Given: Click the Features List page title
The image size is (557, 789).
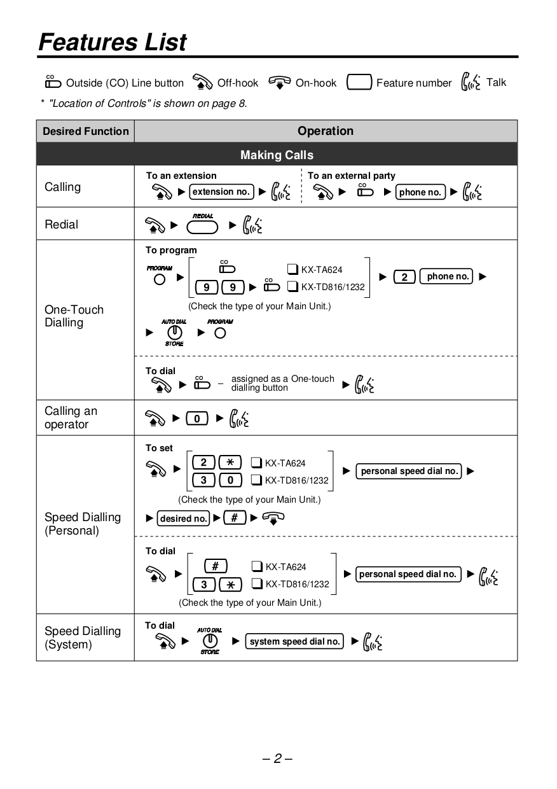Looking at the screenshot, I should pos(113,42).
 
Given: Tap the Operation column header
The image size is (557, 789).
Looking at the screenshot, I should pos(325,131).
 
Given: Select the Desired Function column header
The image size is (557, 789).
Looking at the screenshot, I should pos(86,132).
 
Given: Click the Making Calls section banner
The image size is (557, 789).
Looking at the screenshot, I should pos(277,155).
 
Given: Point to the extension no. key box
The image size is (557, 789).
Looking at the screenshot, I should pos(221,192).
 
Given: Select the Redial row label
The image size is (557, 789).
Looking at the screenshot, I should pos(62,225).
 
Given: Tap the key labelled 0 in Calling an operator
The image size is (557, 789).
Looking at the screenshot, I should pos(197,419).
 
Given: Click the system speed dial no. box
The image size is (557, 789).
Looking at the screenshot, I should pos(295,641).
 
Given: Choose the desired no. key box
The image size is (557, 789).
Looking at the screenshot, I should pos(184,519).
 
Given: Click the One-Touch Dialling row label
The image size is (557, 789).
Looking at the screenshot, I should pos(74,316).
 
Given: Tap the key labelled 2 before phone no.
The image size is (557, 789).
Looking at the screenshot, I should pos(404,277).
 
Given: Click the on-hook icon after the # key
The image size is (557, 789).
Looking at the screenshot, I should pos(272,518).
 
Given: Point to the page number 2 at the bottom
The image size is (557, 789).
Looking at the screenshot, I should pos(277,758).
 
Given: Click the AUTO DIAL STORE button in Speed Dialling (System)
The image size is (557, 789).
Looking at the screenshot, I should pos(210,641).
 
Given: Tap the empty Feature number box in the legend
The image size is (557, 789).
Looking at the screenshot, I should pos(359,83).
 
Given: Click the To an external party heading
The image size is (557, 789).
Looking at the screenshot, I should pos(351,176).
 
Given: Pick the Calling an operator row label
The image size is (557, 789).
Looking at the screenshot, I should pos(71,418).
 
